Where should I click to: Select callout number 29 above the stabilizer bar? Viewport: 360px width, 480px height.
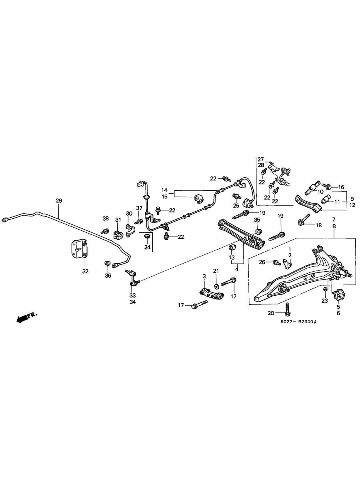coord(59,200)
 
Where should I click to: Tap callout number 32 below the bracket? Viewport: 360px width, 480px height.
coord(86,271)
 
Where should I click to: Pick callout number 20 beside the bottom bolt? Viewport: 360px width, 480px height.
coord(271,313)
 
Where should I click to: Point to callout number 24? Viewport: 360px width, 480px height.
coord(147,247)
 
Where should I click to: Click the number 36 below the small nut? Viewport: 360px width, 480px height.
coord(108,276)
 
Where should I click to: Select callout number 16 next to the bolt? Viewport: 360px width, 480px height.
coord(341,187)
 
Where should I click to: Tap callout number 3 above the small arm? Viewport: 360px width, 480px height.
coord(204,276)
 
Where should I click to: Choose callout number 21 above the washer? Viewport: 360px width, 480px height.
coord(216,271)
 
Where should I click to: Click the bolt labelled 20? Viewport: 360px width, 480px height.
coord(288,309)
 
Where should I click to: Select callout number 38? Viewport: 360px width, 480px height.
coord(106,218)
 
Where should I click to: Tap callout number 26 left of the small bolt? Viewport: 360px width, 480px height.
coord(262,262)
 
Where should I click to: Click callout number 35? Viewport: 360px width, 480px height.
coord(257,219)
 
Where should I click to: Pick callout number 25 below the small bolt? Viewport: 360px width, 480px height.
coord(236,206)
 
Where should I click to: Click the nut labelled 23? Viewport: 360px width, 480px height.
coord(325,289)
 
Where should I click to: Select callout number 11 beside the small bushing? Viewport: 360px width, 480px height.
coord(337,202)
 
